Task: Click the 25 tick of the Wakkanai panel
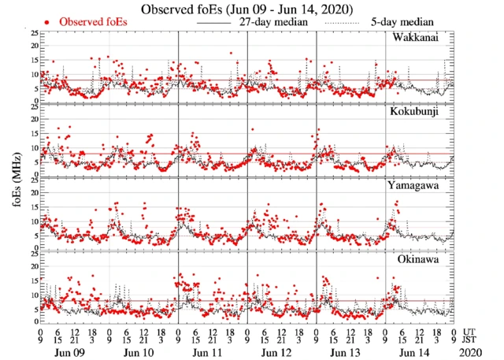point(33,33)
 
